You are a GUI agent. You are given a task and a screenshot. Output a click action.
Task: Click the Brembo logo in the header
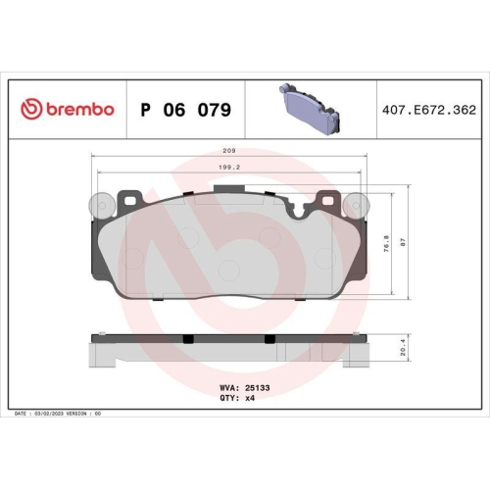pos(68,110)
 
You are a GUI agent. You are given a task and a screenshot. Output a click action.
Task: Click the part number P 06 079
pos(185,110)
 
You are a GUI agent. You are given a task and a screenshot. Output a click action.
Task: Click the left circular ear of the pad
pos(96,205)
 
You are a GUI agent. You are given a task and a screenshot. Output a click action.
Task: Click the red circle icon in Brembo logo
pos(29,110)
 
